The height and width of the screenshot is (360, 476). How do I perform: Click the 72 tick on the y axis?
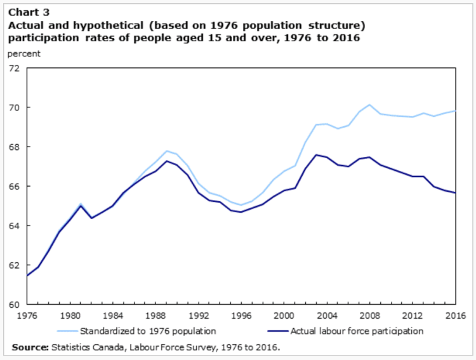point(14,68)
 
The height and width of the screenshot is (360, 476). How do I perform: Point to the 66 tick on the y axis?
point(14,186)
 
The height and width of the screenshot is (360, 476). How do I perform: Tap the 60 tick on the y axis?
point(14,304)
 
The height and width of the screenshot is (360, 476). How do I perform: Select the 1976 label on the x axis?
point(27,315)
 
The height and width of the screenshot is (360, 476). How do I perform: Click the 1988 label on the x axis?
point(155,315)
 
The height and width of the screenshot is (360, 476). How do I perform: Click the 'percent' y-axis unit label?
point(23,53)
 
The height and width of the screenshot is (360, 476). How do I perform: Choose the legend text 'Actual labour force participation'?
point(357,331)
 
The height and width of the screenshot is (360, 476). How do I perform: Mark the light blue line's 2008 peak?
point(370,105)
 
